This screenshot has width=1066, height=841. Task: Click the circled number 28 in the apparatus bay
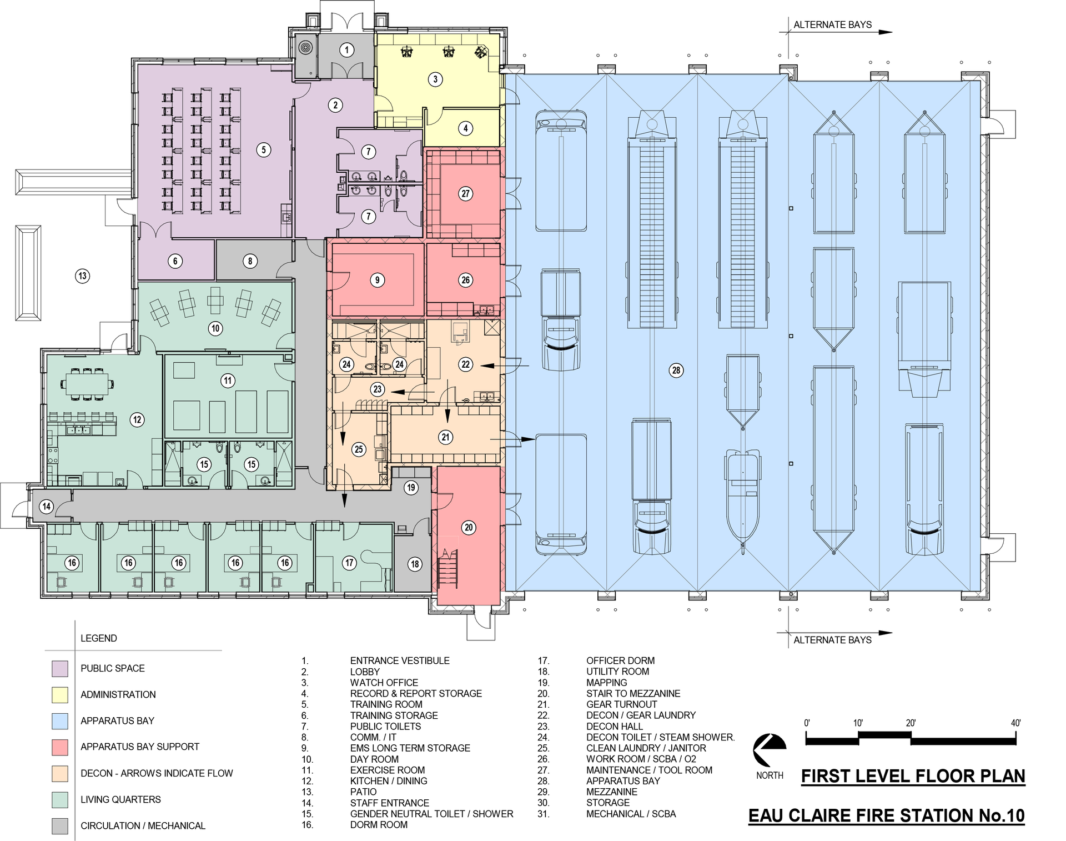click(676, 371)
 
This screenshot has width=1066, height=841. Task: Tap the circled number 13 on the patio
click(83, 276)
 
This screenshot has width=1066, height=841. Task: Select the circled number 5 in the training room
click(264, 149)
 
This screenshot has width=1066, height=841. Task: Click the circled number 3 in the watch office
click(435, 79)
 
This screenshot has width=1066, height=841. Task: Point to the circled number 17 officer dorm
click(349, 563)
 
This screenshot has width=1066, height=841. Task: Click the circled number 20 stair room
click(469, 527)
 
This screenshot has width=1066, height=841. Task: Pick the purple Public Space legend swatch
click(60, 668)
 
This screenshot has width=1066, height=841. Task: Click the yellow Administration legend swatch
click(60, 694)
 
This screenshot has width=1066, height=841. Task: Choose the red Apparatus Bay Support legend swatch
click(60, 747)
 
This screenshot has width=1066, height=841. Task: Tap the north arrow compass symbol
click(769, 750)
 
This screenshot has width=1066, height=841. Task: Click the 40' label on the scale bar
click(1015, 723)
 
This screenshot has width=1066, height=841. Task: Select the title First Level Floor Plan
click(913, 776)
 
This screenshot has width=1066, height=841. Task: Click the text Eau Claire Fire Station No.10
click(887, 815)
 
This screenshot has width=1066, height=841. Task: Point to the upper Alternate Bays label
click(832, 25)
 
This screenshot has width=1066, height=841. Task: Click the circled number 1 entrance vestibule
click(347, 50)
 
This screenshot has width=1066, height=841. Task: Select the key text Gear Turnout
click(622, 704)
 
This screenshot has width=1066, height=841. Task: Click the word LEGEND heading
click(99, 638)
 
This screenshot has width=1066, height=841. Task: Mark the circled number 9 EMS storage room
click(377, 280)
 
